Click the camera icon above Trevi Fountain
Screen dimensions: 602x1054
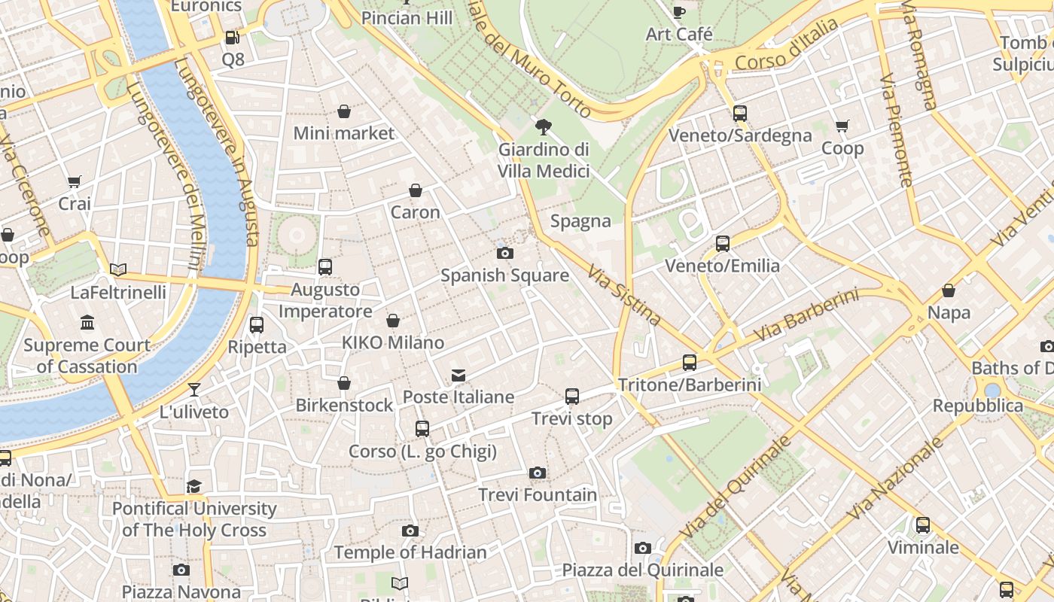coord(537,473)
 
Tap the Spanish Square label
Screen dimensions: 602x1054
coord(504,275)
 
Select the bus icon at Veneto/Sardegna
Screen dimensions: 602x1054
coord(740,114)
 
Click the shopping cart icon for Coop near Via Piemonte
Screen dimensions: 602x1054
coord(842,126)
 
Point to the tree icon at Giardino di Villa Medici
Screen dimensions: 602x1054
coord(542,127)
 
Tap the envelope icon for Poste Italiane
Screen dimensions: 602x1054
coord(458,375)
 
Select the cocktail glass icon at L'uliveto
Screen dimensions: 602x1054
coord(194,389)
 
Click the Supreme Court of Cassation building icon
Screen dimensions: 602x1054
coord(87,323)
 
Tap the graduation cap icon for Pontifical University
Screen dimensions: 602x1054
coord(194,486)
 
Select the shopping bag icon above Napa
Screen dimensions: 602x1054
coord(949,290)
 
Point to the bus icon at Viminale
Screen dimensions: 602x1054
coord(923,525)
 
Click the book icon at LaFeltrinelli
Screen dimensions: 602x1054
coord(118,269)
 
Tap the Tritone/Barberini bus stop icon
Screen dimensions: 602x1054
coord(690,363)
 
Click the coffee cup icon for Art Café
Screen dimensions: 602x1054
coord(679,12)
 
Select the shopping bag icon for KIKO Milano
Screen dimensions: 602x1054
coord(393,321)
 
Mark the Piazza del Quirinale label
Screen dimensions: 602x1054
coord(642,570)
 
